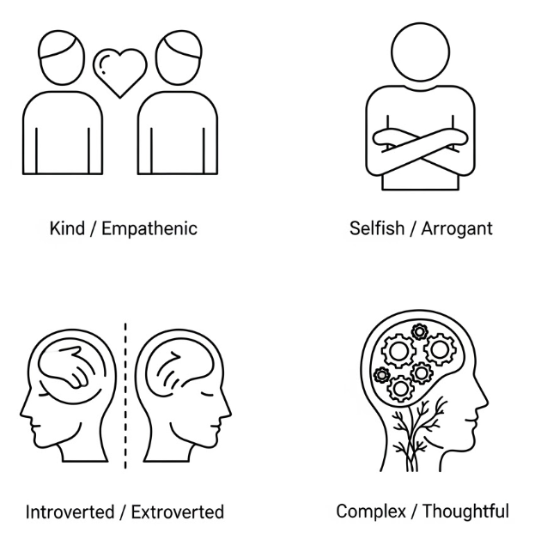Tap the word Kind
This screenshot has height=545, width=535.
(x=67, y=228)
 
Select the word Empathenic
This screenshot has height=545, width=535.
(x=149, y=229)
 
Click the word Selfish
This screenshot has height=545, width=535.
(x=377, y=228)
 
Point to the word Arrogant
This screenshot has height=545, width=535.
(x=457, y=229)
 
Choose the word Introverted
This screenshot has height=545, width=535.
(x=70, y=512)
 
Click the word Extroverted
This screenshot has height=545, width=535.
(x=178, y=512)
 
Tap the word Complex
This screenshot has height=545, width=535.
(x=371, y=512)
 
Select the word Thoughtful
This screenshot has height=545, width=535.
(x=465, y=512)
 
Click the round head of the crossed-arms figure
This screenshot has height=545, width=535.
(x=420, y=52)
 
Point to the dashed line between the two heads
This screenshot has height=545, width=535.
(x=125, y=396)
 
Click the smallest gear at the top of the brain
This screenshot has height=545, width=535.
(x=419, y=332)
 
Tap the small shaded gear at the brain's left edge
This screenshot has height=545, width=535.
(x=381, y=375)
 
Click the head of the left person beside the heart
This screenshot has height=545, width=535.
(x=61, y=58)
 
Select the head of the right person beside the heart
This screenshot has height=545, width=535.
(x=179, y=58)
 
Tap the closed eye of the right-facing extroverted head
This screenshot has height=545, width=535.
(x=207, y=394)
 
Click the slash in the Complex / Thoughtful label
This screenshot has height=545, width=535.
(x=414, y=512)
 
